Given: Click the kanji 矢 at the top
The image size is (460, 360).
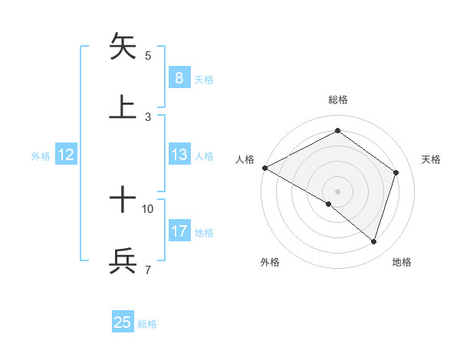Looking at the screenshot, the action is click(x=123, y=47).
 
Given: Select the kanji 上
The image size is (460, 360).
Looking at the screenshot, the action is click(x=123, y=106).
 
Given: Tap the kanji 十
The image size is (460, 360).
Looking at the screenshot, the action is click(x=123, y=201).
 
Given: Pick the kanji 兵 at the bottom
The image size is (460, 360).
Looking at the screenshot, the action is click(x=123, y=261).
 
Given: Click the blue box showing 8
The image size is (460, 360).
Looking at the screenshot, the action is click(x=179, y=77).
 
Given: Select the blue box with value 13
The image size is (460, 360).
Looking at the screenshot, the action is click(x=179, y=155).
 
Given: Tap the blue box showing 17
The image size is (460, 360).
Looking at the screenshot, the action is click(x=179, y=231).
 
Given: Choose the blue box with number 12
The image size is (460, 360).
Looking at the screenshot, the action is click(x=66, y=155).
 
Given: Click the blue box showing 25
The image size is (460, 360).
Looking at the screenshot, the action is click(x=123, y=322).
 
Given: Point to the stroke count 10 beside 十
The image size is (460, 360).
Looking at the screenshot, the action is click(x=148, y=208).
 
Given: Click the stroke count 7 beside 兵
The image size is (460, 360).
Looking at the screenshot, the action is click(x=147, y=270).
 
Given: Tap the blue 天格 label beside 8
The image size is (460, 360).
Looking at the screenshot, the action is click(x=204, y=79).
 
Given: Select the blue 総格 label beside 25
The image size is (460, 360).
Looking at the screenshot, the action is click(x=147, y=324).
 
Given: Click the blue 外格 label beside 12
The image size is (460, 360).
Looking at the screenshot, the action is click(x=41, y=155).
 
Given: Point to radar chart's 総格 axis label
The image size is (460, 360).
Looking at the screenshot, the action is click(x=337, y=100).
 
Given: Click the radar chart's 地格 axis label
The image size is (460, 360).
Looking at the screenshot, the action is click(x=402, y=262).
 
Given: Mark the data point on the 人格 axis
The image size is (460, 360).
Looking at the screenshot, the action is click(x=264, y=168).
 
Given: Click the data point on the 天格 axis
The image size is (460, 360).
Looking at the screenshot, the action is click(x=396, y=172).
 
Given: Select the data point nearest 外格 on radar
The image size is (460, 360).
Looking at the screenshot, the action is click(x=329, y=204).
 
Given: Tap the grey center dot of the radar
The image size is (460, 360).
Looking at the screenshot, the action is click(x=337, y=191).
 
